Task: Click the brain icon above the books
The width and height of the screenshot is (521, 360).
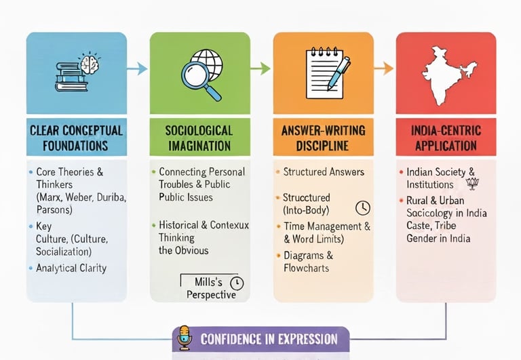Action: coord(88,62)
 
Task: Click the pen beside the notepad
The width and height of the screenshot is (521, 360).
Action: coord(339,74)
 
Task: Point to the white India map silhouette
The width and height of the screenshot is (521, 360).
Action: coord(446,72)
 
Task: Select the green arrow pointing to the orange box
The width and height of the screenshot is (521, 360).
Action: coord(261,68)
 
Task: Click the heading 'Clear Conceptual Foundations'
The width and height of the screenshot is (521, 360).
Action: coord(76,137)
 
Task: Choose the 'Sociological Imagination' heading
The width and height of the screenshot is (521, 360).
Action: coord(199,137)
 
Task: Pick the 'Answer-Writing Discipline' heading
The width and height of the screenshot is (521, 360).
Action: coord(323,137)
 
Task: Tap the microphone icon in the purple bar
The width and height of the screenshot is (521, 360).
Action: coord(184,338)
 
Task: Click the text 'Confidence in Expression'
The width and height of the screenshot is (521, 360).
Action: coord(269,339)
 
